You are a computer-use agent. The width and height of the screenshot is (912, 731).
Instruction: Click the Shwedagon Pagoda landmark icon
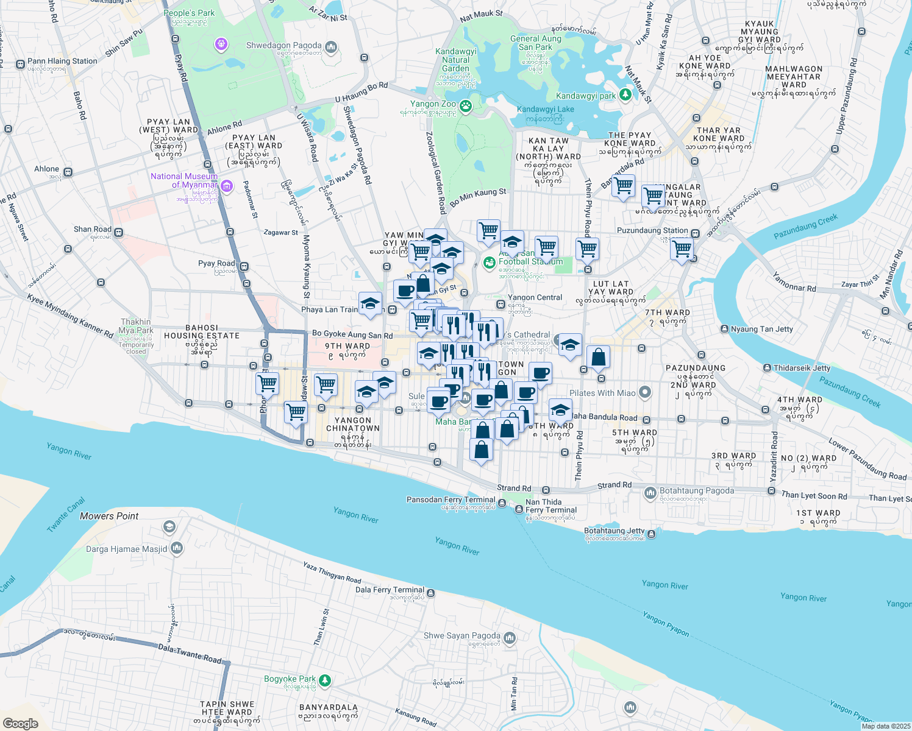tap(331, 46)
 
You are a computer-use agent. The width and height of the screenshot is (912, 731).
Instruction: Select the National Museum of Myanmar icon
tap(227, 186)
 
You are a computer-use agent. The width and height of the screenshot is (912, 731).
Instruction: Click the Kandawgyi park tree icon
tap(625, 95)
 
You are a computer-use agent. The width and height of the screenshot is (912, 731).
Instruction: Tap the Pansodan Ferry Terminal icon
tap(502, 503)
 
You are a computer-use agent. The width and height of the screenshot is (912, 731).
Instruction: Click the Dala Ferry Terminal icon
tap(431, 593)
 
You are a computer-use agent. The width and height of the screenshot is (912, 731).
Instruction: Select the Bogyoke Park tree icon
tap(326, 680)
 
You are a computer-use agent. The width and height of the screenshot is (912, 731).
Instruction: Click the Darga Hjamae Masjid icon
tap(177, 548)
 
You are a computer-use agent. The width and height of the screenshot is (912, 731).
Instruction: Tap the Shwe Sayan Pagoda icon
tap(510, 638)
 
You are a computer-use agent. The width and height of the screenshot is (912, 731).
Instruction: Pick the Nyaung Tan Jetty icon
tap(724, 329)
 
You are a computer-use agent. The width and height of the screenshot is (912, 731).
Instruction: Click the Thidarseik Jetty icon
tap(767, 368)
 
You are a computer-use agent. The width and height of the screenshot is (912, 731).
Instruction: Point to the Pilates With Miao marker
tap(645, 393)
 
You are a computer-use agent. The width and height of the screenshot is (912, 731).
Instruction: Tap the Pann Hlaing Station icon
tap(20, 63)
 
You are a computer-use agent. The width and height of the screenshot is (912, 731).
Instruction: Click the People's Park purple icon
tap(221, 44)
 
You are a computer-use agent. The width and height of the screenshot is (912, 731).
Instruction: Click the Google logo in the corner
tap(21, 723)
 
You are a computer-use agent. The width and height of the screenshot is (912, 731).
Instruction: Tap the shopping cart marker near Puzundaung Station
tap(682, 249)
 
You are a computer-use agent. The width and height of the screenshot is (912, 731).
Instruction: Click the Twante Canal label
tap(65, 515)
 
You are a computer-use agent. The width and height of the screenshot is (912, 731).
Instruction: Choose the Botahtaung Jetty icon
tap(652, 534)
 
